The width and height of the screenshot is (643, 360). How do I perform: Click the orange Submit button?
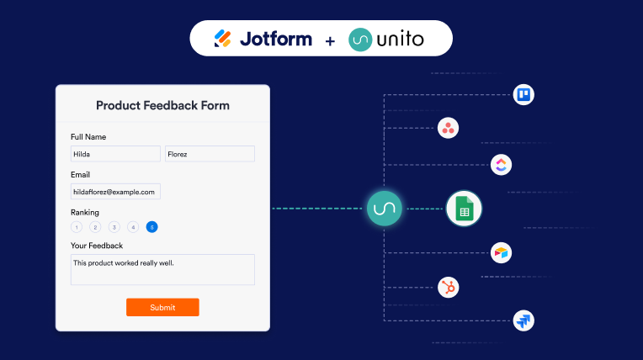point(162,307)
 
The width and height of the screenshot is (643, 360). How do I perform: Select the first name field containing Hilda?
point(115,154)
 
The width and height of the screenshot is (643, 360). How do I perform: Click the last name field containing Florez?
point(210,154)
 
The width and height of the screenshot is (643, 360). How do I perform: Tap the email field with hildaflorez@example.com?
point(115,192)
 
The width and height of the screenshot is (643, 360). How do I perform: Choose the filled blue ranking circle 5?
point(151,227)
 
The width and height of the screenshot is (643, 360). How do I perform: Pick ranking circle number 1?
point(77,227)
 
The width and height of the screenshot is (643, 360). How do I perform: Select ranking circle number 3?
point(114,227)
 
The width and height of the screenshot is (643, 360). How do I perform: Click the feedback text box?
point(162,269)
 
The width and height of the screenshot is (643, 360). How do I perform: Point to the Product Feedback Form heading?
point(162,105)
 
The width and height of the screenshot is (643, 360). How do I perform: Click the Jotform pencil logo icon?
point(223,39)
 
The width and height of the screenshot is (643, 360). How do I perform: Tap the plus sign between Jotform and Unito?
point(330,41)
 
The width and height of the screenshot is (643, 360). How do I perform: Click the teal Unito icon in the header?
point(360,40)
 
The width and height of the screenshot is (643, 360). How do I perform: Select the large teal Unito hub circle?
point(385,209)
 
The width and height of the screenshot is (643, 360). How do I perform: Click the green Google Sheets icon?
point(464,209)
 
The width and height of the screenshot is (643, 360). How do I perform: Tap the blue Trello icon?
point(523,95)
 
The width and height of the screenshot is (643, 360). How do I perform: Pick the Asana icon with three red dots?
point(448,128)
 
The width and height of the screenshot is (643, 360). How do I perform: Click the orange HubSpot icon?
point(449,288)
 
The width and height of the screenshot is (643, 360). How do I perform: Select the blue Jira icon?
point(523,320)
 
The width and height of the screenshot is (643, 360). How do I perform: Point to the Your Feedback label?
point(97,246)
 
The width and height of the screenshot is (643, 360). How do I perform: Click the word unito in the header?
point(400,40)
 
